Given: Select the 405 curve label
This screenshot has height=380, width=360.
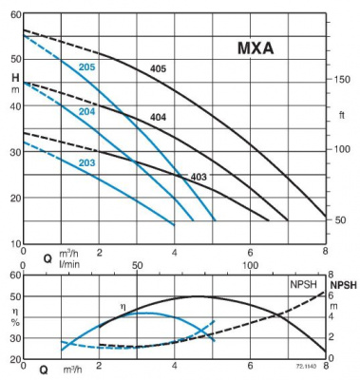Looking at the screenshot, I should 159,69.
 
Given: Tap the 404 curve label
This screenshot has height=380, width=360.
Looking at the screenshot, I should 159,118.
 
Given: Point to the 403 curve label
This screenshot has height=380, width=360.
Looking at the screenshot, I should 199,177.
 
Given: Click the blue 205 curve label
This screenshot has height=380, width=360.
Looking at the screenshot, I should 86,66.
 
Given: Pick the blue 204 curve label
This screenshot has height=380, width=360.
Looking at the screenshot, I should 86,112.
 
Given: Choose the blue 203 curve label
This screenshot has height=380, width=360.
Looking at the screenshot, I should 86,163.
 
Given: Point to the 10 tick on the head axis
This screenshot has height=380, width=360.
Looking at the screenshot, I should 15,244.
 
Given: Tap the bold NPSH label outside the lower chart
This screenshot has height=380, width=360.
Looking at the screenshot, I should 343,284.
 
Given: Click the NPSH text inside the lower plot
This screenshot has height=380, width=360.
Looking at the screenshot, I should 303,284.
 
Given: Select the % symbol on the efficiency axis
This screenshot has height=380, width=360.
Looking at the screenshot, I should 15,322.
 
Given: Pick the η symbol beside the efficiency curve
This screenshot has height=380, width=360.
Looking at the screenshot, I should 122,305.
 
